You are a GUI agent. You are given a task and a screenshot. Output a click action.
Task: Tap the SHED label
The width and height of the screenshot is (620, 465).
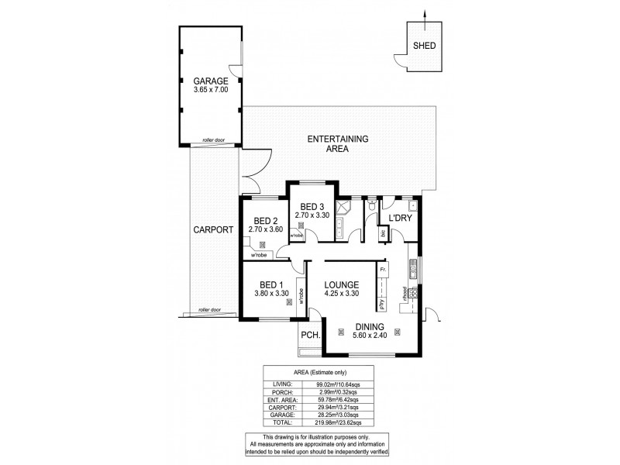coord(423,46)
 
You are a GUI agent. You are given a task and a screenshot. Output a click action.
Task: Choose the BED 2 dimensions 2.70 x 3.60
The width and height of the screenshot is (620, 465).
coord(264,230)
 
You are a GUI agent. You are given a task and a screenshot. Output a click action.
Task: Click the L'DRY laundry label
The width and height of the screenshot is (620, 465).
coord(399,218)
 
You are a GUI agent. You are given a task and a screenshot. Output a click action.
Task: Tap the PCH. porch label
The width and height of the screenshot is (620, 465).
coord(310,337)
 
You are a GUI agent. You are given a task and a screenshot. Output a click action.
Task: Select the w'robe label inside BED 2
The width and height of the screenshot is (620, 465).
coord(257,255)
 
